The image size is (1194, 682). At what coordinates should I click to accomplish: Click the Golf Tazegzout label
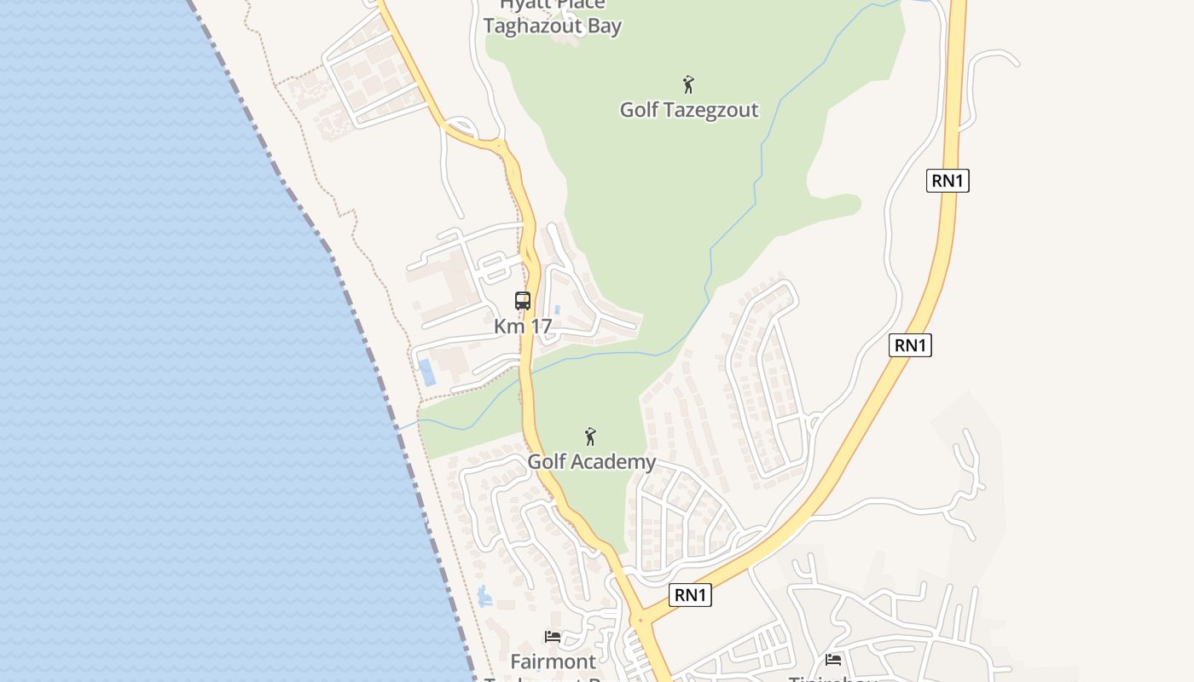click(688, 110)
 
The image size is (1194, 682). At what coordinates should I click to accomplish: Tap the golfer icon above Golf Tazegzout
click(688, 84)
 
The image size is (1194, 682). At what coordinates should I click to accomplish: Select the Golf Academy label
click(591, 462)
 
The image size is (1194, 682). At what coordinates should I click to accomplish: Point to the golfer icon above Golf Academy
click(590, 436)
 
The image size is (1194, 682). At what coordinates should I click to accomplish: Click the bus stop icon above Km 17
click(523, 301)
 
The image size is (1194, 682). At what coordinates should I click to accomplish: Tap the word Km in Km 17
click(508, 327)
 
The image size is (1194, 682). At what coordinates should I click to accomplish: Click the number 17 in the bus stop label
click(541, 327)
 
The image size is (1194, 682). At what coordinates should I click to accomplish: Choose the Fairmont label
click(553, 662)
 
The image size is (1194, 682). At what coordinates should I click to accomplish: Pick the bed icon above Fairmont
click(553, 637)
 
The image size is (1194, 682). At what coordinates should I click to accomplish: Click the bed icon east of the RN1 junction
click(833, 659)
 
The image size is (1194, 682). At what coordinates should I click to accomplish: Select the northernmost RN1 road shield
click(948, 181)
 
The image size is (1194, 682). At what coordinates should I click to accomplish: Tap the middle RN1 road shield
click(910, 345)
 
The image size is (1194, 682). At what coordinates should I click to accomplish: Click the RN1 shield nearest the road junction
click(690, 595)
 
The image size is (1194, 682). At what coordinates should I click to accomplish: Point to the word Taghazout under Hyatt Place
click(532, 26)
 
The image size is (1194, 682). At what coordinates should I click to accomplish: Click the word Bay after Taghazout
click(604, 26)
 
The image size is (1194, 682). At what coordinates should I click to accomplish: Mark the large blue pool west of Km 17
click(426, 372)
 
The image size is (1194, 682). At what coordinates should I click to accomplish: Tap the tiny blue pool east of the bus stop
click(557, 309)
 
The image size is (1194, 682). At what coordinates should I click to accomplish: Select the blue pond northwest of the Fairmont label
click(484, 596)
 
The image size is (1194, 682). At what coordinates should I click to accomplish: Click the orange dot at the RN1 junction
click(639, 620)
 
